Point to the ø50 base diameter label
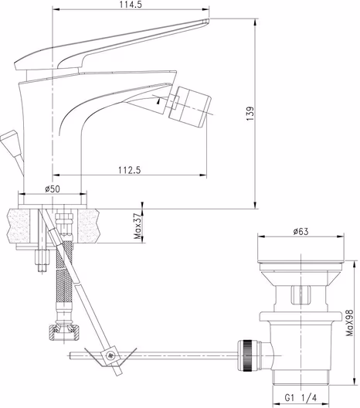pyautogui.click(x=53, y=188)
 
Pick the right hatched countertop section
pyautogui.click(x=89, y=226)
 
